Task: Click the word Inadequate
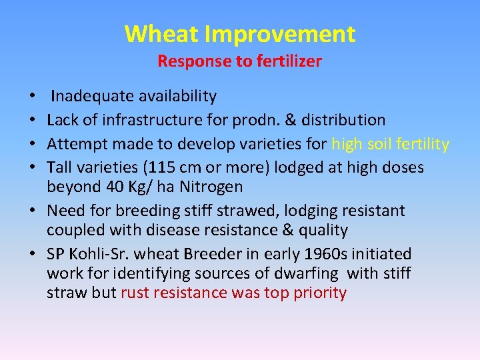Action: click(x=92, y=97)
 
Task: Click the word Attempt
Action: click(x=74, y=144)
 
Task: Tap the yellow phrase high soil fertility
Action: click(x=390, y=144)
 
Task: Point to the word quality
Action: click(x=323, y=231)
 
